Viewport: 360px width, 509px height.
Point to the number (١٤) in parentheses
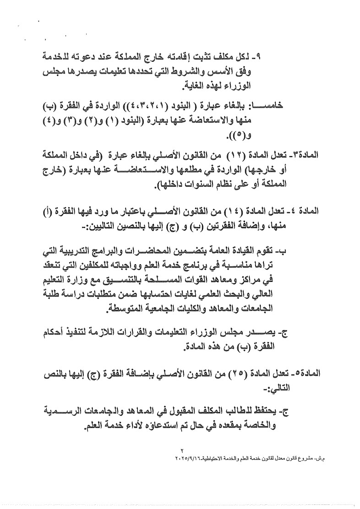(x=236, y=212)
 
